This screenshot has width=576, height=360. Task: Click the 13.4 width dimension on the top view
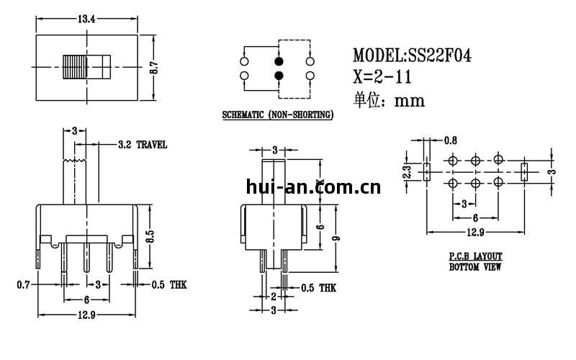[86, 18]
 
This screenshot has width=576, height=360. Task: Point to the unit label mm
[410, 101]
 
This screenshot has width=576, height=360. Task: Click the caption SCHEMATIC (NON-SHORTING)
[276, 115]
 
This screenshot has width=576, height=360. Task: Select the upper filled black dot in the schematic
[279, 61]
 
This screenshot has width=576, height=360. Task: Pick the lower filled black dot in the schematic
[279, 76]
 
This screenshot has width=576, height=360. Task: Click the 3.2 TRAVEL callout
[143, 145]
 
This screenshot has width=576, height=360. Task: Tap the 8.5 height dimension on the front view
[150, 236]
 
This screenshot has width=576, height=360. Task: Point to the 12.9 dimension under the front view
[86, 315]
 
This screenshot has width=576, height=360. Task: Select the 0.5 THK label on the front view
[169, 285]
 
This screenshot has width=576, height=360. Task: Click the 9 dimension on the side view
[336, 238]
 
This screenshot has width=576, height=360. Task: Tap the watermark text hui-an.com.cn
[313, 189]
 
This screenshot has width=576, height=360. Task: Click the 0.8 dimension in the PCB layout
[451, 140]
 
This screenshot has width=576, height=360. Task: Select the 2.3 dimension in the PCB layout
[407, 172]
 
